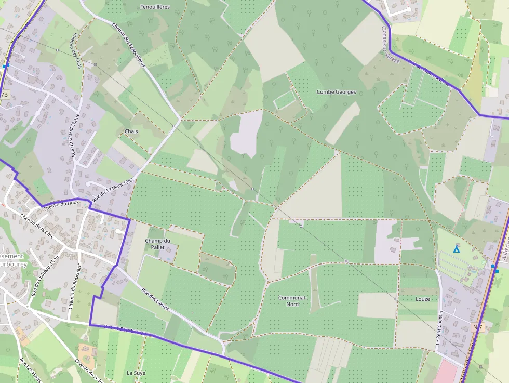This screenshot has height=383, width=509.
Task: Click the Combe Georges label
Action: coord(336,92)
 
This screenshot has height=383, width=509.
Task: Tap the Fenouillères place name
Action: coord(155,7)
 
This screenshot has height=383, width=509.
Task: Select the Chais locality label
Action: coord(131,131)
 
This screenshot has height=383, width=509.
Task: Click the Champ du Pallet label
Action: coord(157,244)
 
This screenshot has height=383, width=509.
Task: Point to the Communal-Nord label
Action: coord(292,301)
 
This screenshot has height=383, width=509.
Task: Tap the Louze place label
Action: coord(423,299)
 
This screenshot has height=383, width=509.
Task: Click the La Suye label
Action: coord(136,373)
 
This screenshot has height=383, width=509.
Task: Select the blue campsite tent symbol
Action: coord(456,249)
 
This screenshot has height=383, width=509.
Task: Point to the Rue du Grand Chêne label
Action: coord(76,135)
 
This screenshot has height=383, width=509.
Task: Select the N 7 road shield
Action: coord(478,326)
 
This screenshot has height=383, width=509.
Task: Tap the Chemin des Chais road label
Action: coord(75,51)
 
